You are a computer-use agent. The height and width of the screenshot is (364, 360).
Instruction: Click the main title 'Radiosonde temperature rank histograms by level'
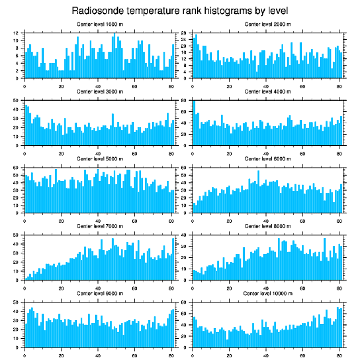180,10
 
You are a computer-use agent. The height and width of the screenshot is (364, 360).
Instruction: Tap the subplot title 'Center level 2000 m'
267,24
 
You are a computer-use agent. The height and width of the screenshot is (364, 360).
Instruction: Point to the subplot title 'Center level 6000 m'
267,159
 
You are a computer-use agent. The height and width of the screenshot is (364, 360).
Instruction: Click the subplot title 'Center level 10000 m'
267,293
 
